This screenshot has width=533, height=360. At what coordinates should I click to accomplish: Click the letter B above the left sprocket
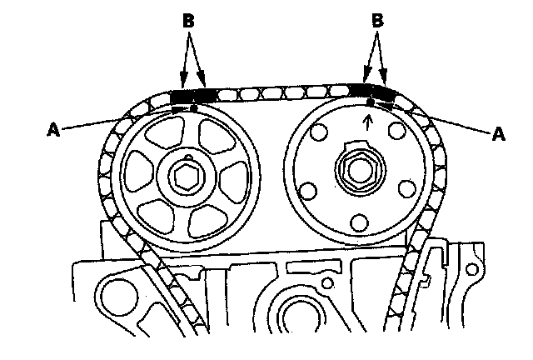[188, 20]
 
